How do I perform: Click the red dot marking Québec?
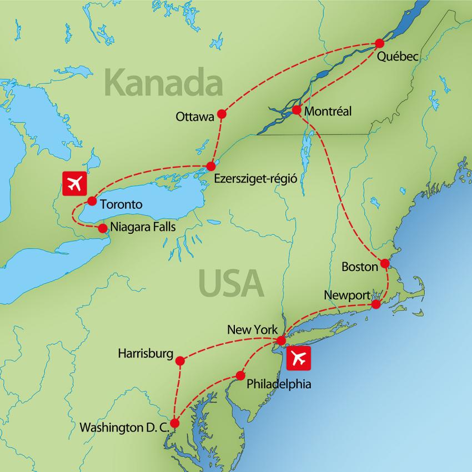tap(380, 43)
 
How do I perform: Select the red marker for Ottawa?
tap(222, 114)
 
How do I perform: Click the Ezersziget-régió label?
tap(255, 179)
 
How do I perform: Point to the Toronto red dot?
tap(92, 202)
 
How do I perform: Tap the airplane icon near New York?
tap(299, 358)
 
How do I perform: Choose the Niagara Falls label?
tap(143, 227)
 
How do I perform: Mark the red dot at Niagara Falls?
tap(102, 228)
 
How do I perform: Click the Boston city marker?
tap(384, 263)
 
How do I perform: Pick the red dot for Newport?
tap(376, 305)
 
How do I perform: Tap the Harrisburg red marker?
tap(179, 361)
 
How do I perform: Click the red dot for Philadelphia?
tap(240, 375)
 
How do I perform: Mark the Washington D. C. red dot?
tap(175, 423)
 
